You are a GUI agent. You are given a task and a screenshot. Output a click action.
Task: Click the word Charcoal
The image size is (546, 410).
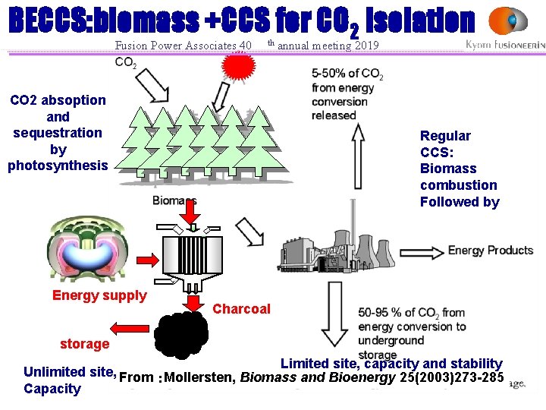point(241,309)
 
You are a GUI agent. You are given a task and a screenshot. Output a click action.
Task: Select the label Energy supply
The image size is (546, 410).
point(99,295)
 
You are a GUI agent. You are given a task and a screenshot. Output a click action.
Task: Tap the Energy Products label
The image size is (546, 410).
point(491,251)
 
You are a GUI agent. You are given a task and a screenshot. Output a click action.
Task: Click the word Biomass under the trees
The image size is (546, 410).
point(174,200)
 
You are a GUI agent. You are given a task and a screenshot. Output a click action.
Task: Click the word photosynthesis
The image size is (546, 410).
point(58,166)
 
